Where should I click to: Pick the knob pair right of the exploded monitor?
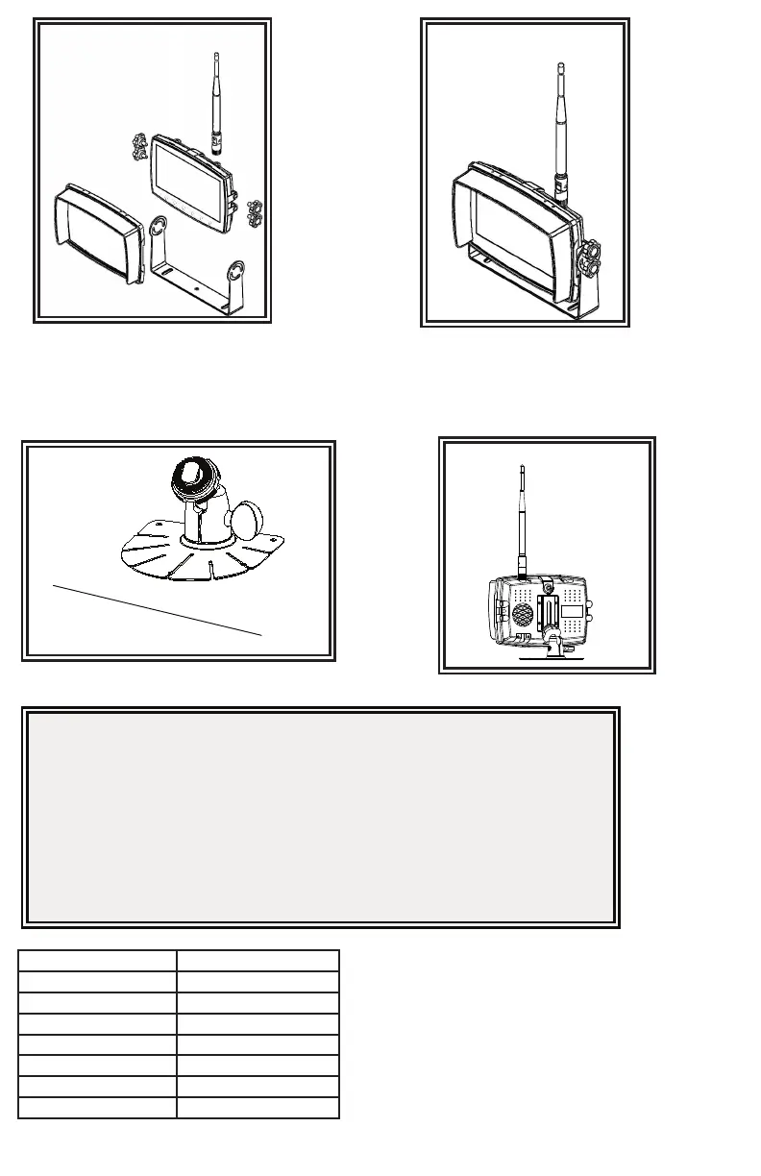[x=255, y=211]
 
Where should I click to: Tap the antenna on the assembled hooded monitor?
[x=561, y=125]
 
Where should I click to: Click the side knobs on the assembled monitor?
[x=588, y=258]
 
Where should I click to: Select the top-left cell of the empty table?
[x=97, y=961]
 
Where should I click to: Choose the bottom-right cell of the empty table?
[x=258, y=1108]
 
